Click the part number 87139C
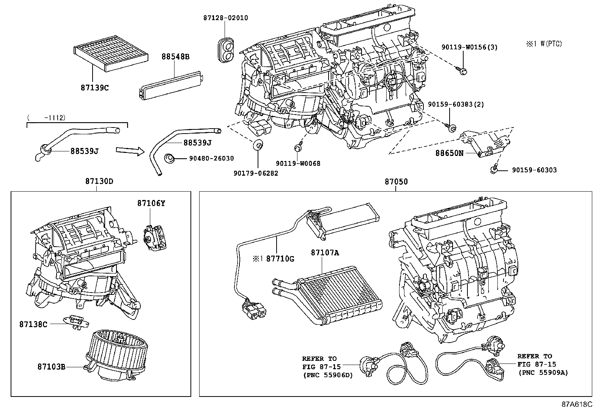tap(94, 88)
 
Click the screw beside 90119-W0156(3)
tap(462, 70)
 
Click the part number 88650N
tap(450, 153)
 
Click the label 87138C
tap(33, 324)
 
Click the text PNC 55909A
tap(544, 373)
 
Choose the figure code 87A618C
tap(577, 404)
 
